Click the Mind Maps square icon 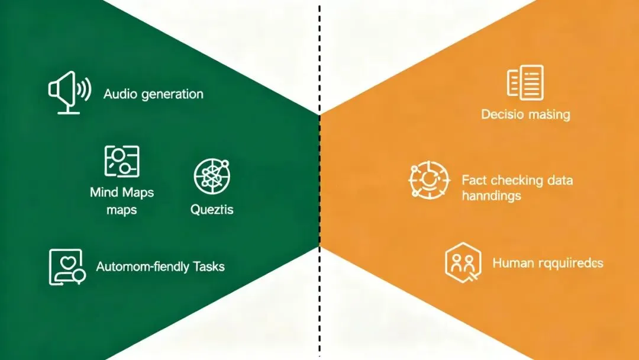click(x=121, y=160)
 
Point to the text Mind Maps click(x=121, y=192)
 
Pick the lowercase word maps click(x=121, y=210)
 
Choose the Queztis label click(x=212, y=210)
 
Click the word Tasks click(x=209, y=266)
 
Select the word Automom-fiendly click(x=143, y=266)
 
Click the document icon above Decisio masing click(x=525, y=82)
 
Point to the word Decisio click(x=502, y=114)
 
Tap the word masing click(x=548, y=115)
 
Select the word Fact click(x=474, y=180)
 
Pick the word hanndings click(x=491, y=195)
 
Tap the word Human click(x=514, y=263)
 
